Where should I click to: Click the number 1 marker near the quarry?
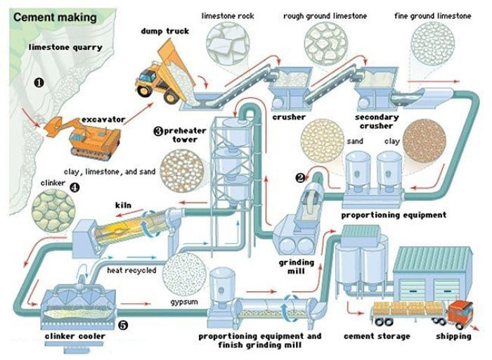pyautogui.click(x=39, y=82)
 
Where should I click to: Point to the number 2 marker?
pyautogui.click(x=300, y=177)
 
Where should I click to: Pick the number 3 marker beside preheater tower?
pyautogui.click(x=158, y=131)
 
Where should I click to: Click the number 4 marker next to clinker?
pyautogui.click(x=74, y=188)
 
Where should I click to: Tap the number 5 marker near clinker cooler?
pyautogui.click(x=122, y=326)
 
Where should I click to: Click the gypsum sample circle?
pyautogui.click(x=183, y=274)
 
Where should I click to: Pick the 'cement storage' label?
pyautogui.click(x=376, y=336)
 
